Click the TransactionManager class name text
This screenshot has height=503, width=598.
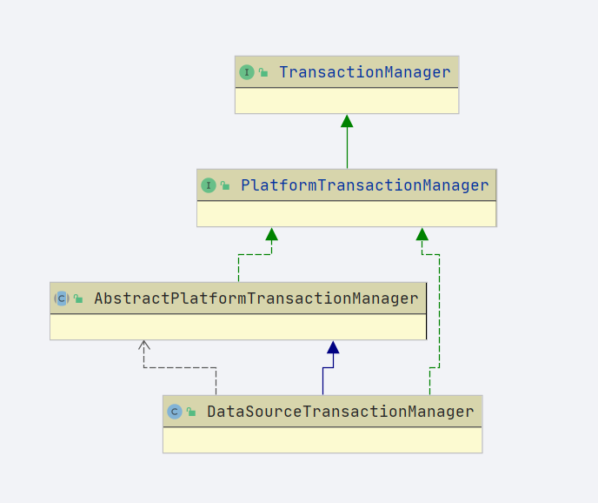[x=364, y=72]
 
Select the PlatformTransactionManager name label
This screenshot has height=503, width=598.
[x=364, y=185]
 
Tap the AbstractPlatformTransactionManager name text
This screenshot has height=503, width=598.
[x=256, y=298]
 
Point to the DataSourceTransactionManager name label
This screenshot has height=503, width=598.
[x=340, y=412]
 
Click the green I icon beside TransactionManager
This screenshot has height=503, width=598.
[x=247, y=72]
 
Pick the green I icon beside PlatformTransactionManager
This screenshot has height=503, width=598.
[x=209, y=185]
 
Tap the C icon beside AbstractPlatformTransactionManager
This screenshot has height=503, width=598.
[x=61, y=298]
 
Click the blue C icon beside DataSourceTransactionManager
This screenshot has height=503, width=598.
[x=175, y=412]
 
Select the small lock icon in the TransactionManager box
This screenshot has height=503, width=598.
[x=263, y=73]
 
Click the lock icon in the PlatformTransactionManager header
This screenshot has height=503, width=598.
[x=225, y=186]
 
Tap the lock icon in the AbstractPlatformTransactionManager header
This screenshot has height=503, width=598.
[x=78, y=299]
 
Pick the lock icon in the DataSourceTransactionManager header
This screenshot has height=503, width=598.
[x=191, y=412]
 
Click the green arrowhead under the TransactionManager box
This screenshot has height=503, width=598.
[x=347, y=121]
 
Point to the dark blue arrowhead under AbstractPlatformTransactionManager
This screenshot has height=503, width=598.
[x=333, y=347]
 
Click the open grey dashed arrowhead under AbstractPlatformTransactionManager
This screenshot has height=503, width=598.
[x=144, y=345]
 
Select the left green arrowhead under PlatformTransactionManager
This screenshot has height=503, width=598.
[x=271, y=234]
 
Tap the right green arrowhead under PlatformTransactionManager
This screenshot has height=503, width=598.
[x=422, y=234]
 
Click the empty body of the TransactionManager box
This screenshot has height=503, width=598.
[x=347, y=100]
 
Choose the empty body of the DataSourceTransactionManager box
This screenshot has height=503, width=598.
[x=322, y=439]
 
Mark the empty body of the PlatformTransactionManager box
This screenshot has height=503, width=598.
[x=347, y=213]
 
